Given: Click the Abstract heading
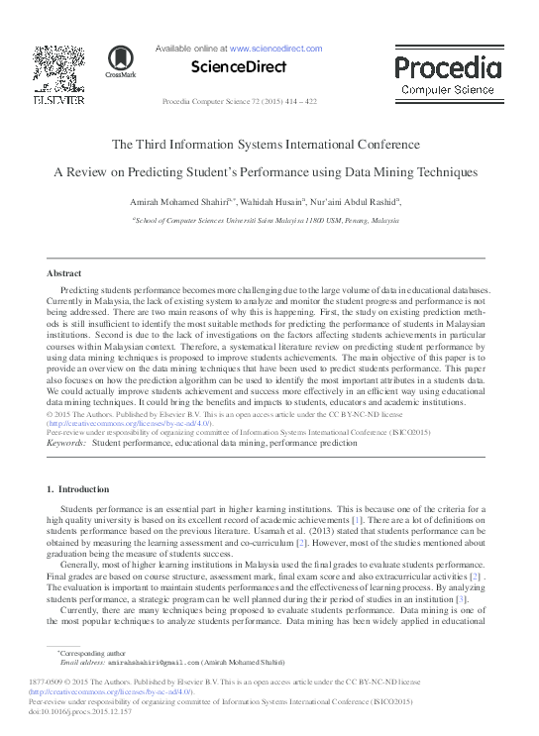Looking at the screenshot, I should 64,272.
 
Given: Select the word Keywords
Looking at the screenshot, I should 65,443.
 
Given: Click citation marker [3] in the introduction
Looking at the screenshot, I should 461,598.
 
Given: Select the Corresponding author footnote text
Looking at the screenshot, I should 90,654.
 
